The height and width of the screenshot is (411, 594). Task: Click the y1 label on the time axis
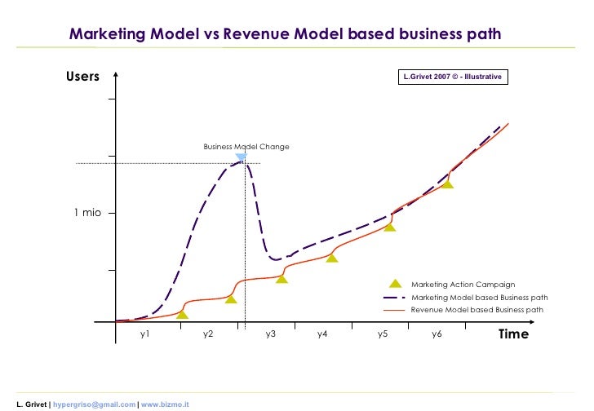click(x=144, y=334)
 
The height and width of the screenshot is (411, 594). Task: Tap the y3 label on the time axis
click(x=271, y=334)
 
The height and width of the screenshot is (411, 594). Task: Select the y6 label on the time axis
click(x=437, y=334)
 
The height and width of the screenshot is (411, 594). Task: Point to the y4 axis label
click(x=322, y=334)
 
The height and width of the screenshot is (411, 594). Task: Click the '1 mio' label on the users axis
click(x=87, y=213)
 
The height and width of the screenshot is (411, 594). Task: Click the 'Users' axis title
click(x=82, y=76)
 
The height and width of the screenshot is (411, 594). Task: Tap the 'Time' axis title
click(x=513, y=334)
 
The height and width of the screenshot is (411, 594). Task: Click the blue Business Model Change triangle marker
click(x=242, y=157)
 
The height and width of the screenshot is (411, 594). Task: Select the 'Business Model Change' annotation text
click(x=246, y=147)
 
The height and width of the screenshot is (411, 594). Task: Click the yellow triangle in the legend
click(x=395, y=284)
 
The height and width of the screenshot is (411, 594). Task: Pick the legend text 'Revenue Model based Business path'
click(x=477, y=310)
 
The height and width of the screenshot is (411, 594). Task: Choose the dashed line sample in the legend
click(x=394, y=298)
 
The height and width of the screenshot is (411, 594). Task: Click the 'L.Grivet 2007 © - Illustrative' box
click(x=453, y=77)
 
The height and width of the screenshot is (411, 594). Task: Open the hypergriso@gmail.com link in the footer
click(x=95, y=404)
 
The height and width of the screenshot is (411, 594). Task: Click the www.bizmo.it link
click(x=165, y=404)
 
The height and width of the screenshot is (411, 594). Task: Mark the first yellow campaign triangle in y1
click(x=182, y=314)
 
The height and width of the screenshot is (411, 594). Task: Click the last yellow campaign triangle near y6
click(x=447, y=184)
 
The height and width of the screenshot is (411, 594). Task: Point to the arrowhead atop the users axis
click(x=116, y=74)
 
